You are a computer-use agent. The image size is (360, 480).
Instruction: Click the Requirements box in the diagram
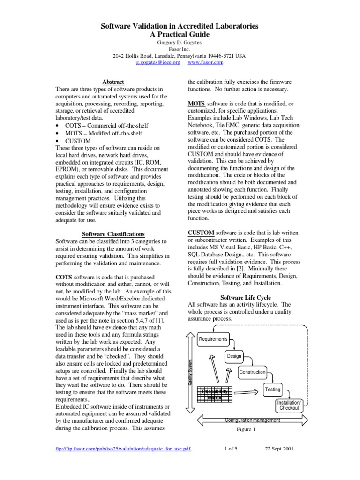pyautogui.click(x=213, y=339)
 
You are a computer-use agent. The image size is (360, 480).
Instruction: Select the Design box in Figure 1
pyautogui.click(x=234, y=356)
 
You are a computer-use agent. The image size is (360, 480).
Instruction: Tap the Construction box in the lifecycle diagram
pyautogui.click(x=252, y=372)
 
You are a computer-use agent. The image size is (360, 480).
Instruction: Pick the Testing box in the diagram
pyautogui.click(x=272, y=390)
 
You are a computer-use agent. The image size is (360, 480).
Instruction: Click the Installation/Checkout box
pyautogui.click(x=290, y=405)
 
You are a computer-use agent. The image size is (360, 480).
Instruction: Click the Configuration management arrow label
pyautogui.click(x=252, y=420)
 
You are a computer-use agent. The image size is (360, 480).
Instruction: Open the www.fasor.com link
pyautogui.click(x=205, y=62)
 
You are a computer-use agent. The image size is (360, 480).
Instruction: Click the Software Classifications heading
pyautogui.click(x=113, y=234)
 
